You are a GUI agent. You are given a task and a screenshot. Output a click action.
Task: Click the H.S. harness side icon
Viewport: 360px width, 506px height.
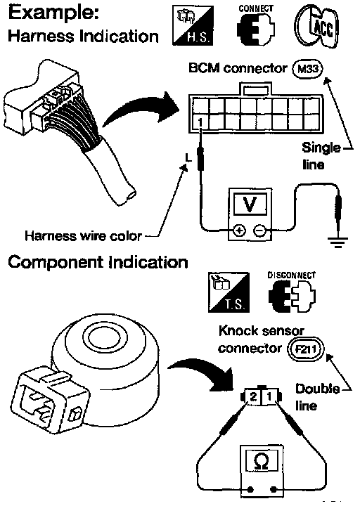[193, 25]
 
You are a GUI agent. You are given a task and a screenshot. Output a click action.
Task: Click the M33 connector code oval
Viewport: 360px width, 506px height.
[307, 69]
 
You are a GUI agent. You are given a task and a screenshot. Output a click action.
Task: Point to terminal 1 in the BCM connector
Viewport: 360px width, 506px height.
[200, 122]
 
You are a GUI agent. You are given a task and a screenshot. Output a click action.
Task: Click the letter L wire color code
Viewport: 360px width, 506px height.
[188, 158]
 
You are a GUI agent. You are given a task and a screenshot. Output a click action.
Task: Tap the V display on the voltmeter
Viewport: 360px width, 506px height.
[250, 204]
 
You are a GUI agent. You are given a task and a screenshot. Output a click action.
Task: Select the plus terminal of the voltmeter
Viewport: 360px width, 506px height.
[239, 231]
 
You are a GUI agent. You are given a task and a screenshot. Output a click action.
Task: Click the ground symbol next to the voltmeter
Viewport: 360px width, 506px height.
[337, 242]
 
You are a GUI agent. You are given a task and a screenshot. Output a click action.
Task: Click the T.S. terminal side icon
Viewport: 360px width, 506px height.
[229, 292]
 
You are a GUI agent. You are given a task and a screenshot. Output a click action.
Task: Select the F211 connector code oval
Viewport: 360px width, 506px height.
[305, 349]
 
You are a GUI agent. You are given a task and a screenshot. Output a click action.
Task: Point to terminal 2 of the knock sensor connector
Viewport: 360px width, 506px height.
[253, 396]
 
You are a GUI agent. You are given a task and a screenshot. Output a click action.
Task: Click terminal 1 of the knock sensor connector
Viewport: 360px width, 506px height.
[269, 396]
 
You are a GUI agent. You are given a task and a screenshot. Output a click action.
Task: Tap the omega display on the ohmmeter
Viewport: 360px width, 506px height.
[262, 462]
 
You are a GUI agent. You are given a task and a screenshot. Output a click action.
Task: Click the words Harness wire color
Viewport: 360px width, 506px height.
[83, 236]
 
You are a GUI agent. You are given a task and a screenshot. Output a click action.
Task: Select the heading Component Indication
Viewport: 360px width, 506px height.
[98, 262]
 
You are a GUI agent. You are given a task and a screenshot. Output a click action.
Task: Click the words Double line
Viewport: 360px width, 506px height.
[316, 397]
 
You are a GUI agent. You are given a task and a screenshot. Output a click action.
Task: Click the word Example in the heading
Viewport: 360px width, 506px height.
[53, 13]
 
